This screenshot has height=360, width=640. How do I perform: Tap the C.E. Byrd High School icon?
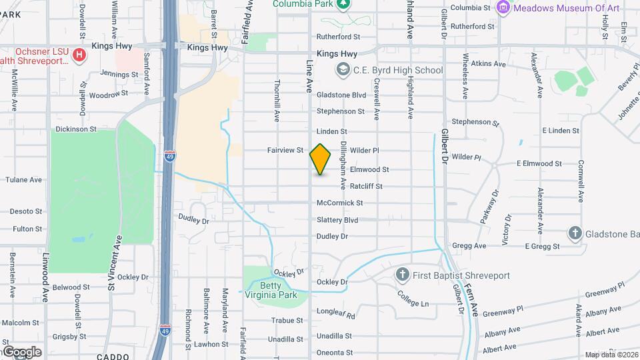(x=343, y=69)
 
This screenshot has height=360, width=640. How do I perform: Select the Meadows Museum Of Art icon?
(x=503, y=7)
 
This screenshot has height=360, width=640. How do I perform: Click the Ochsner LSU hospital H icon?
(x=79, y=53)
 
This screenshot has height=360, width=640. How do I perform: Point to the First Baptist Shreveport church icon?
(x=401, y=275)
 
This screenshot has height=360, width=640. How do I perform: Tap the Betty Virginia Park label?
(x=279, y=290)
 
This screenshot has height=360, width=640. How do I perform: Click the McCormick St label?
(x=339, y=203)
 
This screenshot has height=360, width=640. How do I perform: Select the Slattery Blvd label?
(x=337, y=220)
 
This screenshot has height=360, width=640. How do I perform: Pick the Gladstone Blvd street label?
(x=341, y=95)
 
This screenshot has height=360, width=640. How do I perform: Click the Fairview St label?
(x=285, y=151)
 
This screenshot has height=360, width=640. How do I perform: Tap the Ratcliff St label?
(x=366, y=187)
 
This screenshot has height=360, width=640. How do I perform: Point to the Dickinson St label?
(x=76, y=129)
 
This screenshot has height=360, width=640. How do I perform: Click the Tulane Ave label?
(x=23, y=180)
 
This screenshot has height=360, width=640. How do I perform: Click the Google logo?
(x=21, y=351)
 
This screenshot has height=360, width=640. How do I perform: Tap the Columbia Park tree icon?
(x=343, y=4)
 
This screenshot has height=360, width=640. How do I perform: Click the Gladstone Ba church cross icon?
(x=575, y=233)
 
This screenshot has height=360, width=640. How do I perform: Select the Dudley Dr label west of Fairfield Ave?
(x=194, y=219)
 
